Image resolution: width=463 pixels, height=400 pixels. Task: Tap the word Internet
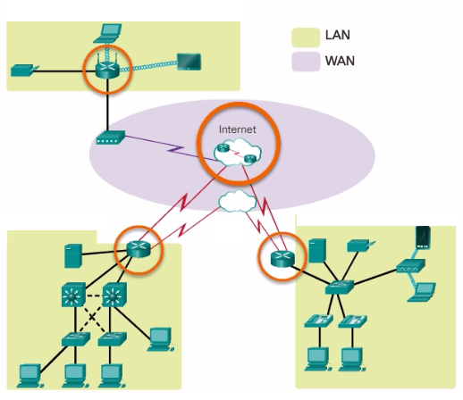coord(237,129)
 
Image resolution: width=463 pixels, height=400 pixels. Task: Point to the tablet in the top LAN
coord(189,62)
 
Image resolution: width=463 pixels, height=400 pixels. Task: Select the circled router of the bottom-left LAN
coord(139,248)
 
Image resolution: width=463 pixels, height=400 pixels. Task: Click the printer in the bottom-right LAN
coord(358,244)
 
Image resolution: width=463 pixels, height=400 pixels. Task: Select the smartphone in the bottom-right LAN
coord(423,238)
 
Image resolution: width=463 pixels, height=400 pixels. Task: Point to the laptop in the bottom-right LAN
coord(425,291)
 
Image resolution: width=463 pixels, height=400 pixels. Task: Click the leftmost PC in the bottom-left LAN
coord(30,371)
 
